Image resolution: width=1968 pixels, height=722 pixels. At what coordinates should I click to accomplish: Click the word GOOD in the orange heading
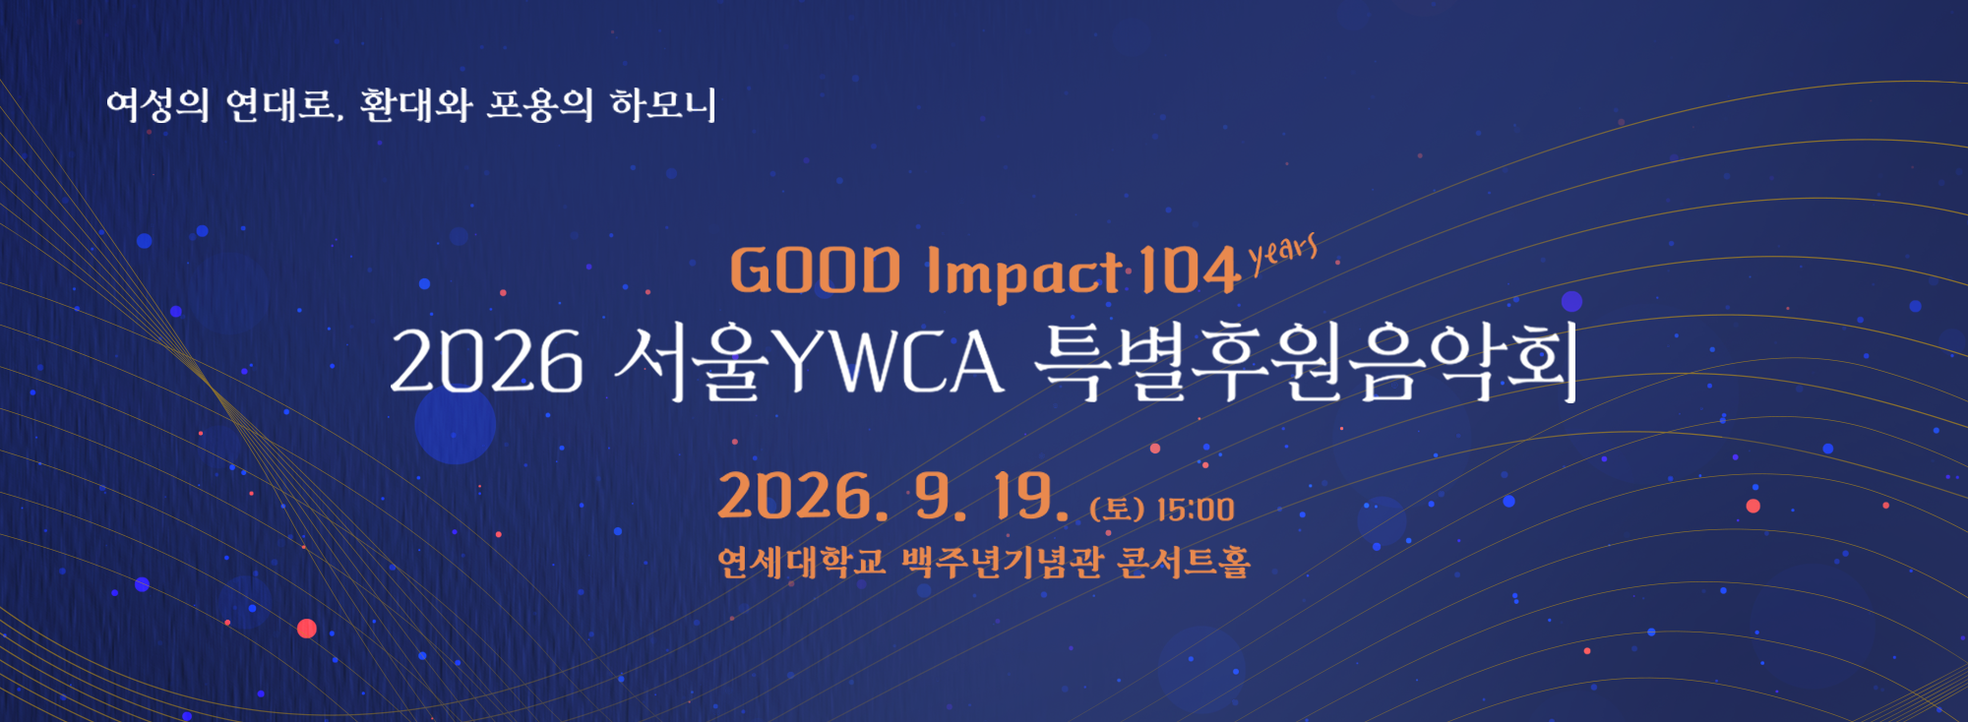point(815,271)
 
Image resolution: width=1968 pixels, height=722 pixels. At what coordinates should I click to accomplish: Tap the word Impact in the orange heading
point(1024,273)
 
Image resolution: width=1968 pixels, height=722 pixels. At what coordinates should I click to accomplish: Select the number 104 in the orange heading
point(1190,270)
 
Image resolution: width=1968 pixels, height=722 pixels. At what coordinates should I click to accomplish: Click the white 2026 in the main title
point(487,362)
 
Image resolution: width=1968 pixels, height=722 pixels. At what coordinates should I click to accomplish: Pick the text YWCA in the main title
point(890,361)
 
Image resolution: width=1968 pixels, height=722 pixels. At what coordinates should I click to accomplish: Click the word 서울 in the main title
point(690,361)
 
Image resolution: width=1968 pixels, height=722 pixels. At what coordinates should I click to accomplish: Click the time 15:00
point(1196,510)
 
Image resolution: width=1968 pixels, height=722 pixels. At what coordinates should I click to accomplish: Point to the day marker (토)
point(1117,510)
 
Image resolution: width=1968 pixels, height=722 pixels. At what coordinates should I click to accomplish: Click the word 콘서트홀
point(1185,562)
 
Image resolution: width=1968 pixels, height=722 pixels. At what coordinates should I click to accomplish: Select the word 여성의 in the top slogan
point(158,104)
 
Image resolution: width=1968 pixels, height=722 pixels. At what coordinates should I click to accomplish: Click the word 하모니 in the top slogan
point(663,104)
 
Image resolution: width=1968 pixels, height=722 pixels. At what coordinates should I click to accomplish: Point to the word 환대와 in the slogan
point(416,104)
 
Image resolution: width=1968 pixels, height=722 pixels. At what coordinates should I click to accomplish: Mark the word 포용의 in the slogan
point(540,104)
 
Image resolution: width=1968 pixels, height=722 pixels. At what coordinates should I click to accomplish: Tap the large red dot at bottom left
point(307,629)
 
